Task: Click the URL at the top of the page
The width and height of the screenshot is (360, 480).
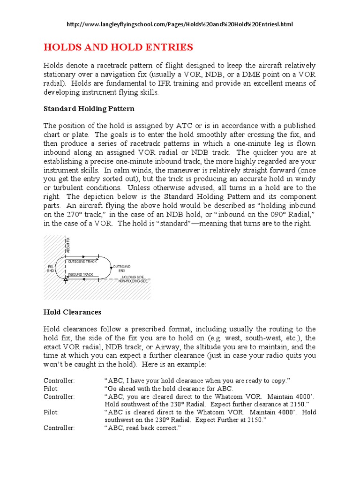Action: pos(180,24)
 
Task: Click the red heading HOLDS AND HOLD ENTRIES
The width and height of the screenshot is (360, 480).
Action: pos(118,47)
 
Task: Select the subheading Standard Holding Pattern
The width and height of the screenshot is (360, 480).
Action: pos(89,109)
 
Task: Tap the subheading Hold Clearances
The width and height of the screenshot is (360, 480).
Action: pos(72,312)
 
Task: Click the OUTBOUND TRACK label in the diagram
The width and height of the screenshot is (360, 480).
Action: pos(82,261)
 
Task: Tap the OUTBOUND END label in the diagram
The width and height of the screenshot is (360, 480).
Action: pos(119,269)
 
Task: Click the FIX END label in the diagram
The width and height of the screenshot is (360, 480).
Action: pos(51,269)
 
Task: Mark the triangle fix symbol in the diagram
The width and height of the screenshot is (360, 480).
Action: pos(66,280)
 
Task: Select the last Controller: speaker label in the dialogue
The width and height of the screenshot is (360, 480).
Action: pos(59,428)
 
